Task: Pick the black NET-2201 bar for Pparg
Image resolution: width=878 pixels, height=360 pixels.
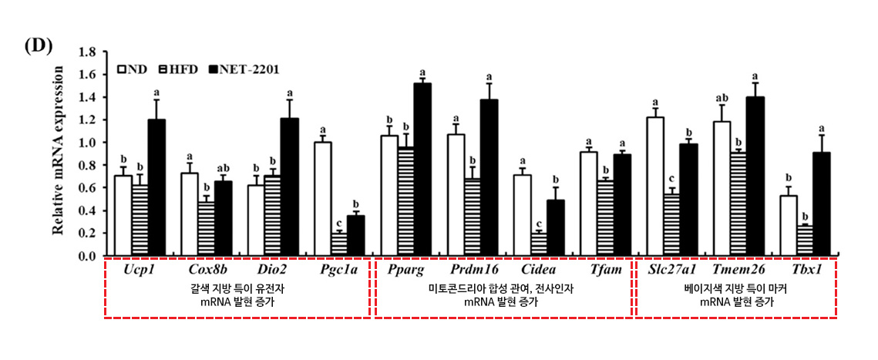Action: click(422, 169)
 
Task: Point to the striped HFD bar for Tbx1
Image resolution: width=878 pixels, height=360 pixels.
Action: click(804, 240)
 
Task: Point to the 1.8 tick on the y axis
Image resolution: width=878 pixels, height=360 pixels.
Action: click(88, 52)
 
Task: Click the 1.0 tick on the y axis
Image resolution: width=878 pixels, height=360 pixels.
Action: click(88, 143)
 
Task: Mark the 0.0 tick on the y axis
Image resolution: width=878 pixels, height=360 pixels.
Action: click(88, 255)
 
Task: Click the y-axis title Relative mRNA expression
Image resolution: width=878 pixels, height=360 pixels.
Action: click(59, 150)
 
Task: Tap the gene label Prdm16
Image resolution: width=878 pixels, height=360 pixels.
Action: click(473, 270)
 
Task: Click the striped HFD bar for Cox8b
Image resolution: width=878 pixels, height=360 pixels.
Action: click(206, 228)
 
